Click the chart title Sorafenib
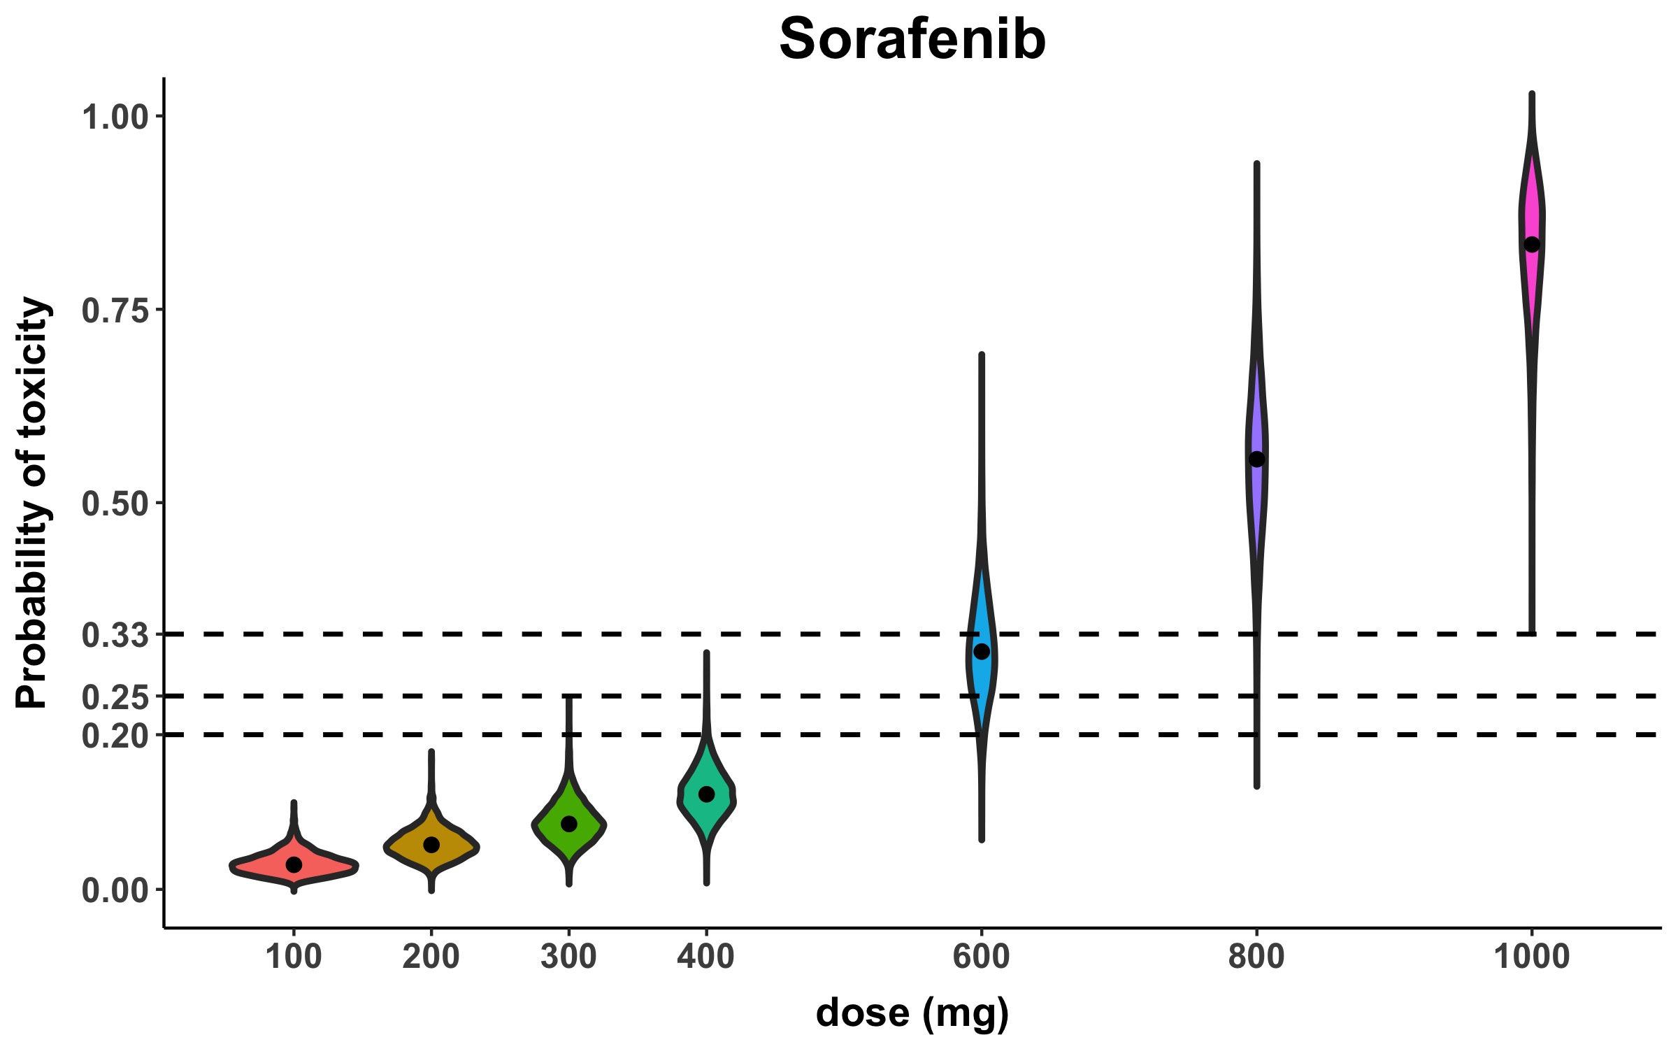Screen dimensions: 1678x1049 tap(912, 39)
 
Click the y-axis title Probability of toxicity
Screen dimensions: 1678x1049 tap(33, 502)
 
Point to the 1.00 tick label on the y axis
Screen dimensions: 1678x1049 tap(115, 117)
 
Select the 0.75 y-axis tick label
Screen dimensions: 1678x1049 tap(115, 310)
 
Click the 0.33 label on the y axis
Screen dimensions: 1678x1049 tap(115, 635)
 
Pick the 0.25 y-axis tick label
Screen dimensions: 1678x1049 tap(115, 697)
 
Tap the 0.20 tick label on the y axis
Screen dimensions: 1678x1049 tap(115, 736)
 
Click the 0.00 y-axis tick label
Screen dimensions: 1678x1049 tap(115, 890)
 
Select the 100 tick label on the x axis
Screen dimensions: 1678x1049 tap(294, 956)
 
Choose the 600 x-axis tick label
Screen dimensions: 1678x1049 tap(982, 956)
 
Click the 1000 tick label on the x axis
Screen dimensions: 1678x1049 tap(1532, 956)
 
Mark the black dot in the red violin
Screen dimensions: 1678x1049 tap(294, 864)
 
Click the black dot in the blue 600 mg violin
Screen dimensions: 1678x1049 tap(982, 652)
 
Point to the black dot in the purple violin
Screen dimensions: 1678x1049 tap(1256, 459)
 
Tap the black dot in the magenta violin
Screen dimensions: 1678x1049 tap(1532, 245)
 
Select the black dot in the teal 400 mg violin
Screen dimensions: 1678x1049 tap(706, 794)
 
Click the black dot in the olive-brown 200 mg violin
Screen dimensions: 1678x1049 tap(431, 845)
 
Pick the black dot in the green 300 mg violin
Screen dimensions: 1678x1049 tap(569, 824)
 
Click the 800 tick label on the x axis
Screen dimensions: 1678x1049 tap(1256, 956)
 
